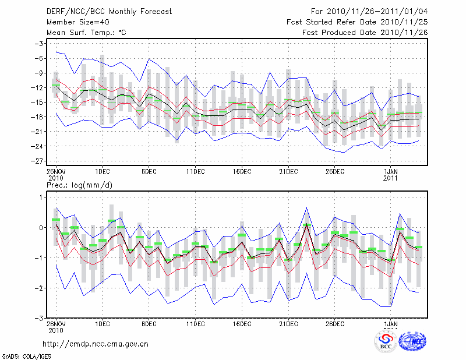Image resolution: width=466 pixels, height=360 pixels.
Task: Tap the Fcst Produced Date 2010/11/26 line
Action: coord(365,33)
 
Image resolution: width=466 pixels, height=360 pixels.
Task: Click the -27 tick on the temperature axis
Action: coord(39,161)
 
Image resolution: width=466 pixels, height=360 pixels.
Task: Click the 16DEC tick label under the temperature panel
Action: coord(242,171)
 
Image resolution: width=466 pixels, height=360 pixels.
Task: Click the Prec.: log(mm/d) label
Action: coord(79,185)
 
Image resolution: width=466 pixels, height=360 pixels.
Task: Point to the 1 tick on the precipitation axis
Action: coord(42,197)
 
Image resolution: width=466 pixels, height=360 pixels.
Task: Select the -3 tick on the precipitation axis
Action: coord(40,319)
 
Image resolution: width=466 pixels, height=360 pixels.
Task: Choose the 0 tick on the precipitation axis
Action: coord(42,227)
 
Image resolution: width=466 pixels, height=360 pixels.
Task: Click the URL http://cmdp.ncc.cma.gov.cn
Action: coord(96,344)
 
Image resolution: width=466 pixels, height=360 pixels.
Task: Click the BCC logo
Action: coord(386,341)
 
